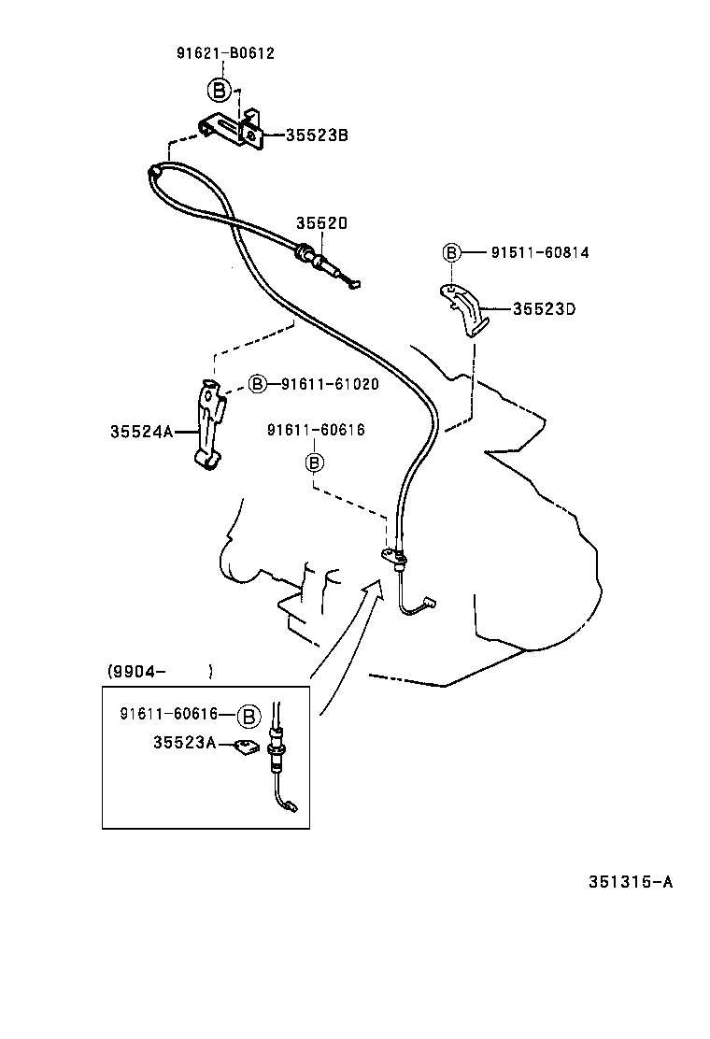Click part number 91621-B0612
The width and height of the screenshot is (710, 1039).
[x=225, y=53]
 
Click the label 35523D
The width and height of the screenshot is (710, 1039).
[x=543, y=308]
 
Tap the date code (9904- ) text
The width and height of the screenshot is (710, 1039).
[x=159, y=671]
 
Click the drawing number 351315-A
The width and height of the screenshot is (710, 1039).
[x=631, y=881]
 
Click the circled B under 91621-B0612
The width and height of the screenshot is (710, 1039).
[x=218, y=90]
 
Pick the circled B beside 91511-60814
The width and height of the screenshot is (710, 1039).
[x=451, y=252]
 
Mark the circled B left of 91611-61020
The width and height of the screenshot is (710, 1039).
[x=259, y=383]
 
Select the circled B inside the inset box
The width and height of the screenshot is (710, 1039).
[x=248, y=716]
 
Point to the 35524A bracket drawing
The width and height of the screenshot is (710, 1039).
[x=210, y=422]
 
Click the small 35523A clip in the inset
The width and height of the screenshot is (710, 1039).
[x=246, y=747]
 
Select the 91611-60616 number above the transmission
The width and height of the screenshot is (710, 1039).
[x=315, y=430]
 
